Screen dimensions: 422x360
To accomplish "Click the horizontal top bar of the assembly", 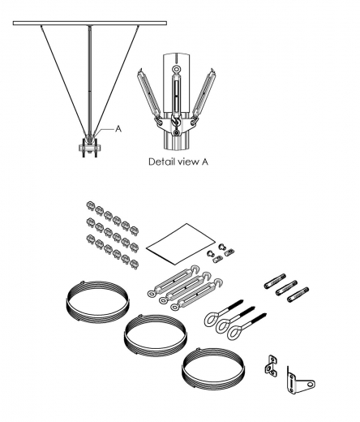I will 89,26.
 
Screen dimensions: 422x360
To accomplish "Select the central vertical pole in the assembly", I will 89,81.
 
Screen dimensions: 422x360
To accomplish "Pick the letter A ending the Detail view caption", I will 208,161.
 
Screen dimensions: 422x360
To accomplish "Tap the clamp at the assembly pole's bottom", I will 89,148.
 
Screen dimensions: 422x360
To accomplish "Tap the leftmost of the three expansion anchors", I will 271,285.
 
